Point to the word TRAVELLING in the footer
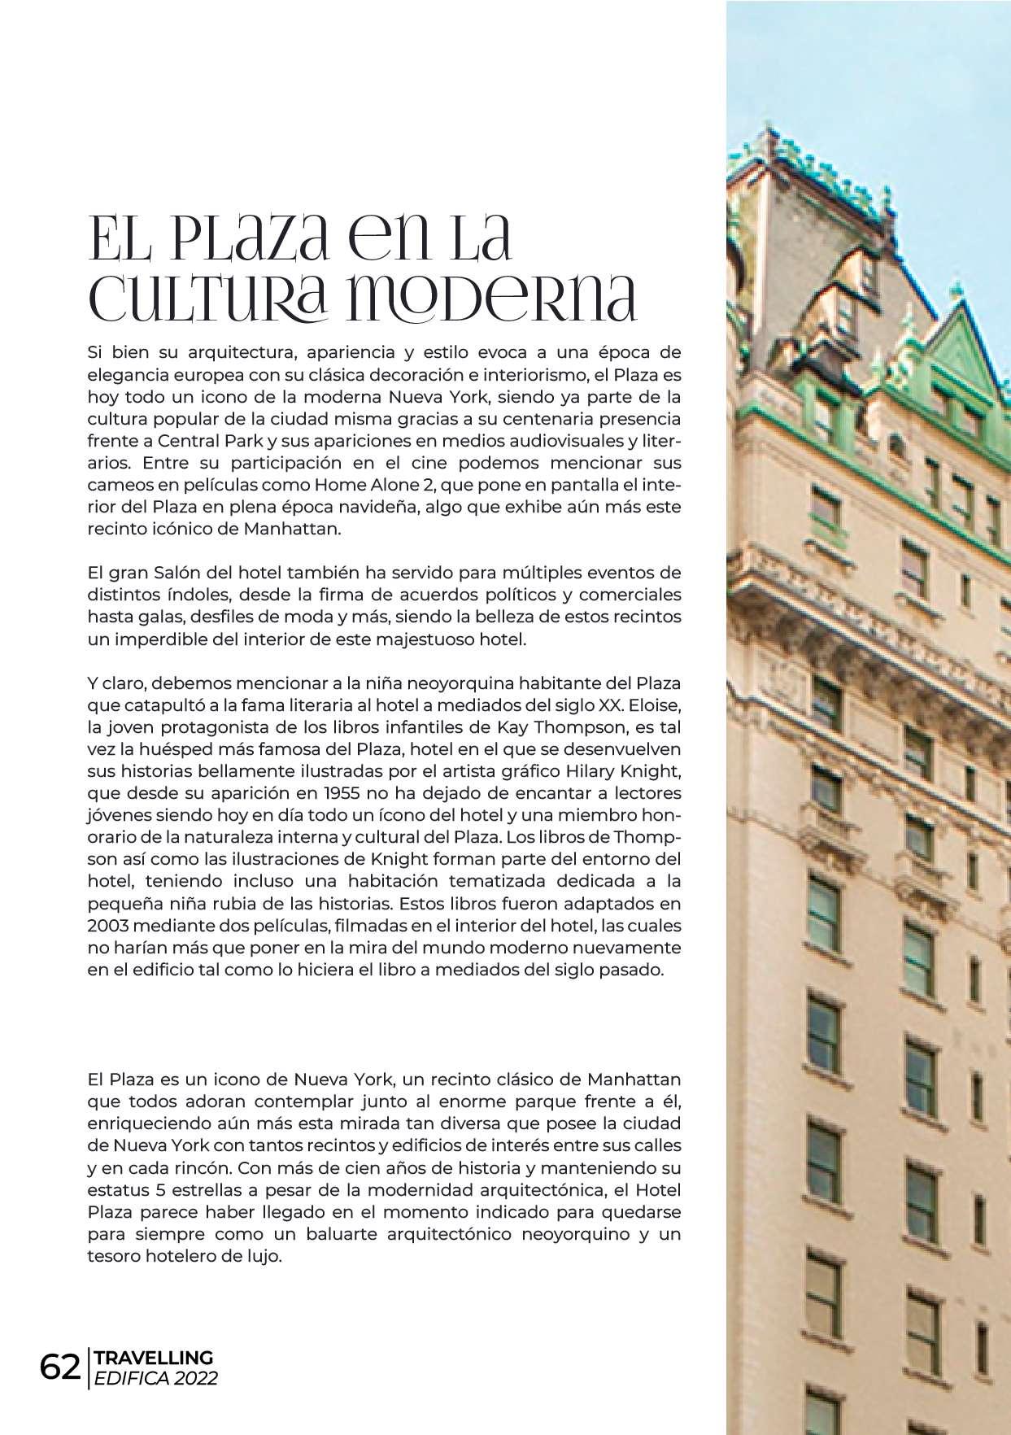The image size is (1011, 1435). tap(154, 1358)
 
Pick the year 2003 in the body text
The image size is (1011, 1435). tap(108, 926)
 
